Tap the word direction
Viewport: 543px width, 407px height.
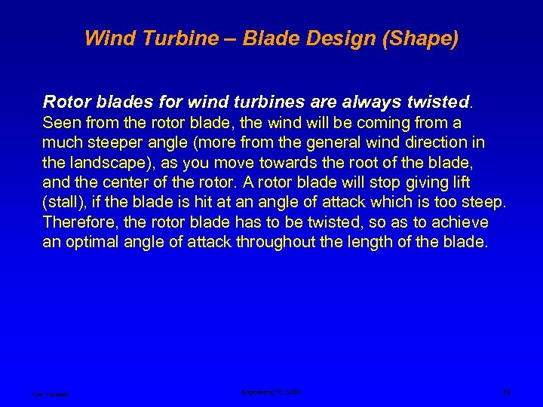point(426,142)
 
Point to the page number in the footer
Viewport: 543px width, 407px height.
point(506,392)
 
